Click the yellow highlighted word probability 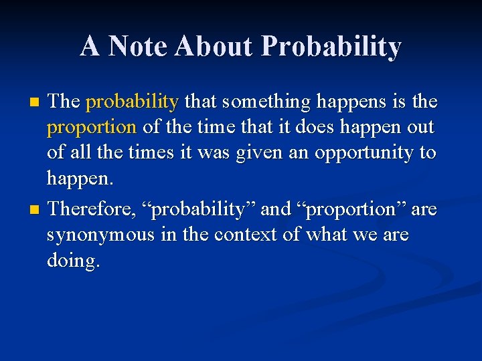click(x=132, y=102)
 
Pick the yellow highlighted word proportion click(x=91, y=127)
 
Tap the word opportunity click(x=356, y=152)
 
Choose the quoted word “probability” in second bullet click(x=202, y=209)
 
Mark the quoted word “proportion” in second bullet click(x=351, y=209)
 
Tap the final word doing click(x=73, y=261)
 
